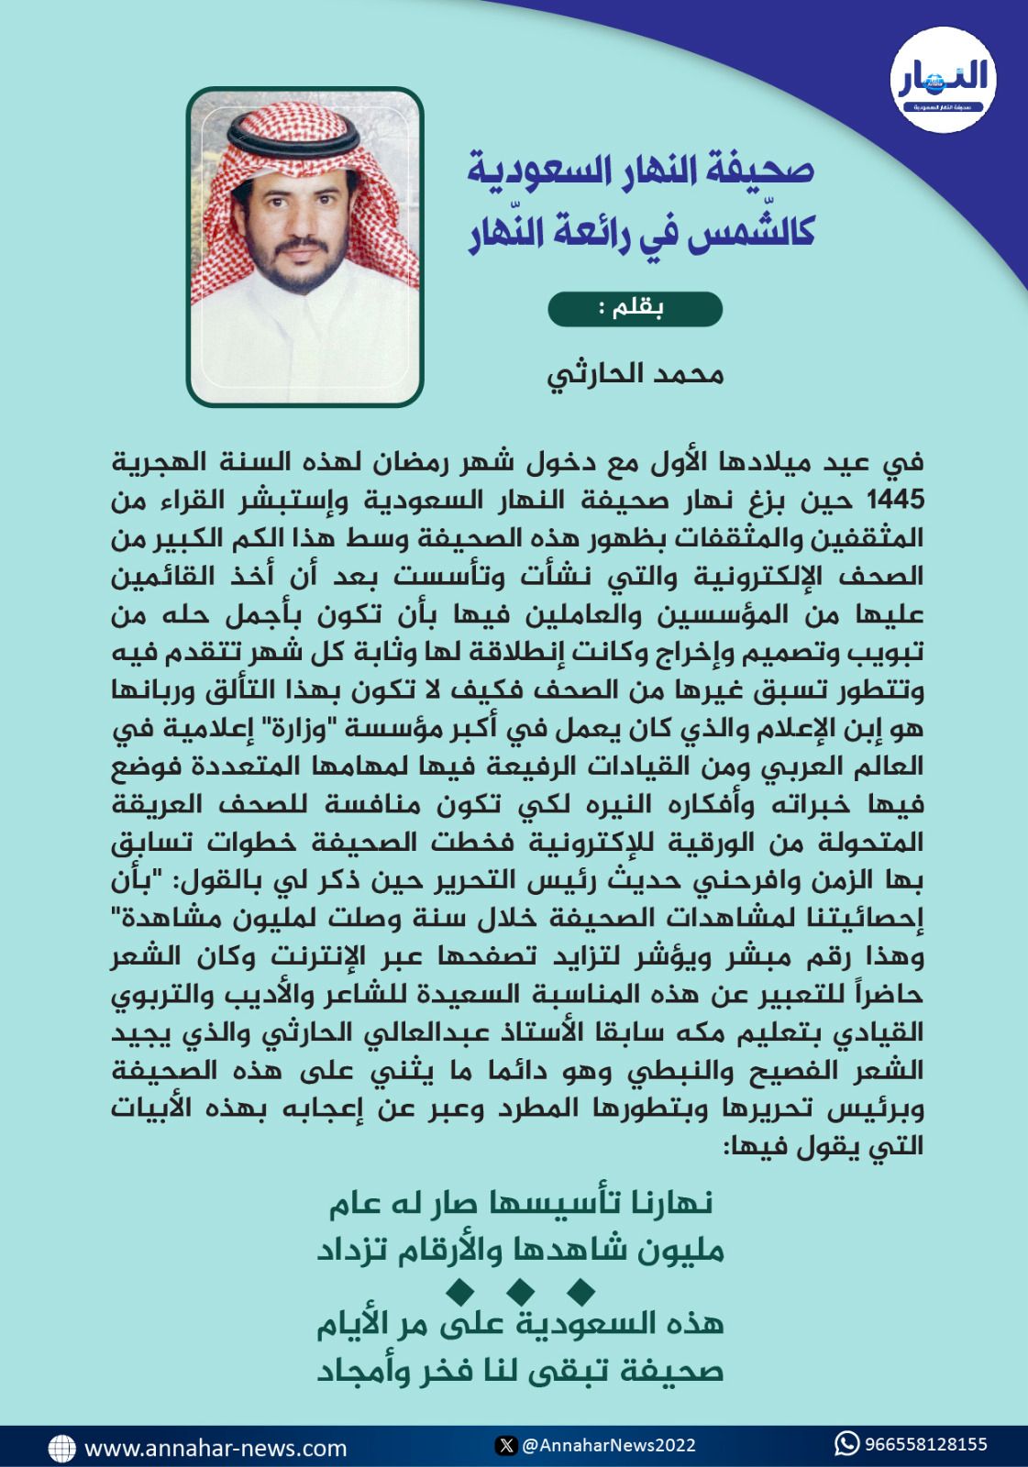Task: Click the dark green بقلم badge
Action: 636,309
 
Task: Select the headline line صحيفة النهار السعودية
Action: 641,170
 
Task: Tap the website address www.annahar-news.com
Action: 216,1449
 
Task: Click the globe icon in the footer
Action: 61,1448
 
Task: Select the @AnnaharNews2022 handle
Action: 608,1446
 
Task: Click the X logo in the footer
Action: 505,1446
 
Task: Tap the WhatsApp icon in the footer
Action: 846,1444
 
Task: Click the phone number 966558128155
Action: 926,1445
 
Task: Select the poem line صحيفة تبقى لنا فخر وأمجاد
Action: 521,1371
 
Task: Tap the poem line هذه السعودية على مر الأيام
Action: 521,1325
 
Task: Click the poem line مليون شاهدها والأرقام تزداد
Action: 521,1250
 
